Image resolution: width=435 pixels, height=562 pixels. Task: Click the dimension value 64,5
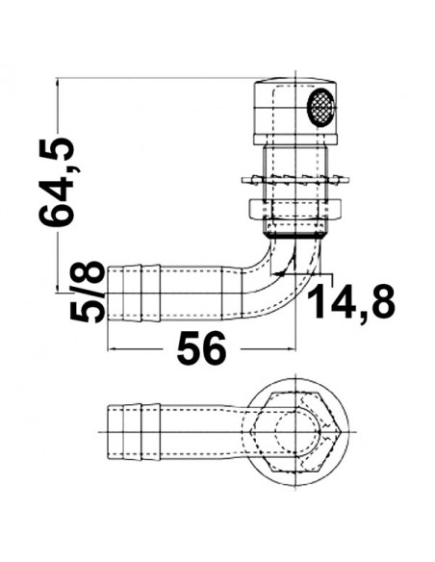pos(59,182)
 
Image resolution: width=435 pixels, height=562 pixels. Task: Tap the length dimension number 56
pos(201,348)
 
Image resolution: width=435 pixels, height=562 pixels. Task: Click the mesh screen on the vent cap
pos(319,109)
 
